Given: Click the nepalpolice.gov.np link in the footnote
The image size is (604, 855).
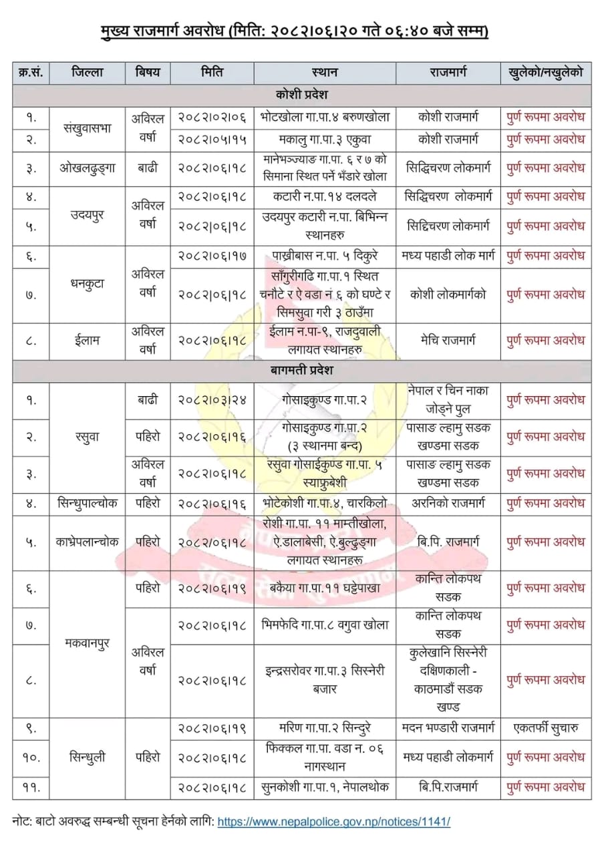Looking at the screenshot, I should (x=333, y=821).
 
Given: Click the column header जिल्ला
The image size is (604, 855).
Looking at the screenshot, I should (x=87, y=72).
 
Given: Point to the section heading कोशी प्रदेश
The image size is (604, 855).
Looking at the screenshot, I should (x=301, y=94).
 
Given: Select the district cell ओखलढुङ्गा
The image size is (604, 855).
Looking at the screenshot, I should (x=87, y=168).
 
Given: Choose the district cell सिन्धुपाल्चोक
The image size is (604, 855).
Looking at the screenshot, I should (x=87, y=502).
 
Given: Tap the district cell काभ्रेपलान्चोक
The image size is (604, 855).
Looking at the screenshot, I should (x=87, y=542).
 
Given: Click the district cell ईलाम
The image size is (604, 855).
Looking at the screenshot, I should (x=87, y=340).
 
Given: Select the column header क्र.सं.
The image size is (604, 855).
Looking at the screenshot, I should (x=31, y=72).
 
